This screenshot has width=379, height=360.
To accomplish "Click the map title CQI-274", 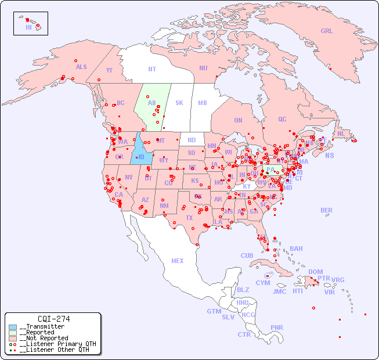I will (x=53, y=319).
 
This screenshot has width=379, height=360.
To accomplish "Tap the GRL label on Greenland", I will (x=327, y=31).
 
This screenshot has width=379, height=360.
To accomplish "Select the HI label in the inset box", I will (x=28, y=27).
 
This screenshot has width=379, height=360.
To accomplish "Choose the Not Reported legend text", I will (x=44, y=338).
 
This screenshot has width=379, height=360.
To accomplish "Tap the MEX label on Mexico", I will (x=178, y=261).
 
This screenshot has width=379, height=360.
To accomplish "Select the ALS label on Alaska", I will (x=81, y=67).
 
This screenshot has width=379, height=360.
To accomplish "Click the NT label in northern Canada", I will (x=152, y=69).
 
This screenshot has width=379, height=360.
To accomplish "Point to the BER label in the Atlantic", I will (x=327, y=210).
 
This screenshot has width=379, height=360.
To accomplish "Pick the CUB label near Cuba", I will (x=247, y=255).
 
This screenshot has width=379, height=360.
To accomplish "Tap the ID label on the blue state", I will (x=140, y=157).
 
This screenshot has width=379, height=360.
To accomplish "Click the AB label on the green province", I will (x=152, y=103).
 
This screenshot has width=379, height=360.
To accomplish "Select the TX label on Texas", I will (x=189, y=218).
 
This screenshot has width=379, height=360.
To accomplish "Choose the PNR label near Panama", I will (x=277, y=327).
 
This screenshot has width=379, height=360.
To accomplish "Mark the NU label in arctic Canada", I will (x=203, y=68).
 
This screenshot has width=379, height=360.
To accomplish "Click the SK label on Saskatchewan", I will (x=179, y=103).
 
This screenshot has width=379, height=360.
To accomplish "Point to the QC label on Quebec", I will (x=282, y=119).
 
